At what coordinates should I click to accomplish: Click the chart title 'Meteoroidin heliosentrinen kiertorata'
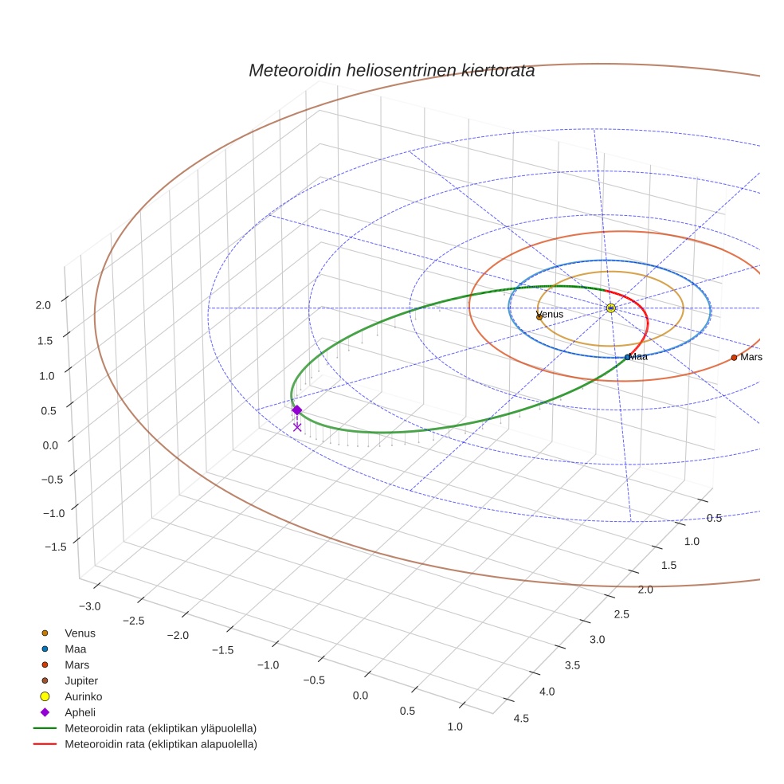pos(391,70)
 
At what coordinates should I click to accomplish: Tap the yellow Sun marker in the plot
pos(610,308)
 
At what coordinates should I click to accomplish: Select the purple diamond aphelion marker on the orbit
pos(296,410)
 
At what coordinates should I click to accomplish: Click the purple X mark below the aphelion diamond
pos(297,427)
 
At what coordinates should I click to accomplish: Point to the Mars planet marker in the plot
pos(734,358)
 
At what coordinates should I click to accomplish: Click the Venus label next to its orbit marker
pos(551,314)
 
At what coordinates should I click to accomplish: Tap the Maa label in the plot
pos(639,357)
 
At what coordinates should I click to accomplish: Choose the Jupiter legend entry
pos(81,680)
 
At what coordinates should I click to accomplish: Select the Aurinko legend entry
pos(84,696)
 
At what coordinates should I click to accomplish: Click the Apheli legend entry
pos(80,712)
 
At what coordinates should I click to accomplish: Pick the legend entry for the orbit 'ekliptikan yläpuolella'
pos(160,728)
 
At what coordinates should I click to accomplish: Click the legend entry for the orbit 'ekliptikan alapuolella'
pos(160,744)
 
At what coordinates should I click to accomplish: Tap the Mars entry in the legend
pos(76,664)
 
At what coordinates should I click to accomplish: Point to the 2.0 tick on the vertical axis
pos(43,304)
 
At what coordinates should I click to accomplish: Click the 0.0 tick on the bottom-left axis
pos(360,695)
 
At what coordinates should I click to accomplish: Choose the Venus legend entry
pos(80,633)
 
